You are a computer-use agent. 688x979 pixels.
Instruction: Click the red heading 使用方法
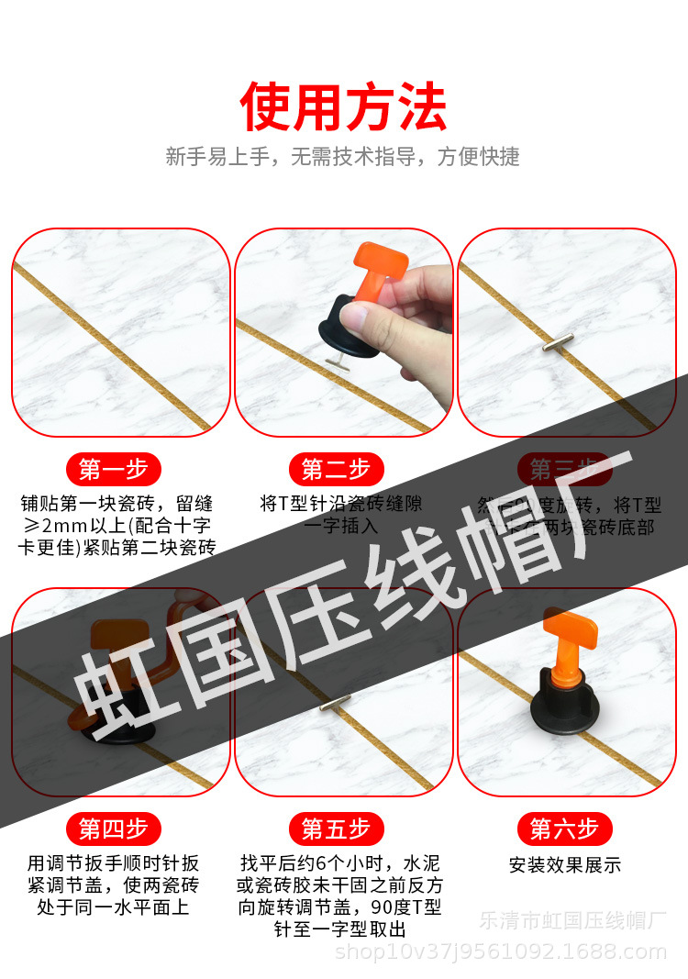click(343, 106)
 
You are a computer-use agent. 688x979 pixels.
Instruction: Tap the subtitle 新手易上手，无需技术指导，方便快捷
click(343, 157)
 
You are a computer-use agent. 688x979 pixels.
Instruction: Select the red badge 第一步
click(113, 470)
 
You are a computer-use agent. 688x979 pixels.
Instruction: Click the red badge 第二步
click(336, 470)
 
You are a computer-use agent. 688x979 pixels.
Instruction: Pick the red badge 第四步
click(113, 829)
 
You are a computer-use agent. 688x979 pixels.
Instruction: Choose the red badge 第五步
click(336, 829)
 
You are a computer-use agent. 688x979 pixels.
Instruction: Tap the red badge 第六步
click(564, 829)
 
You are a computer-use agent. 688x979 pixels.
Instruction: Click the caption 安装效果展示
click(564, 864)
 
